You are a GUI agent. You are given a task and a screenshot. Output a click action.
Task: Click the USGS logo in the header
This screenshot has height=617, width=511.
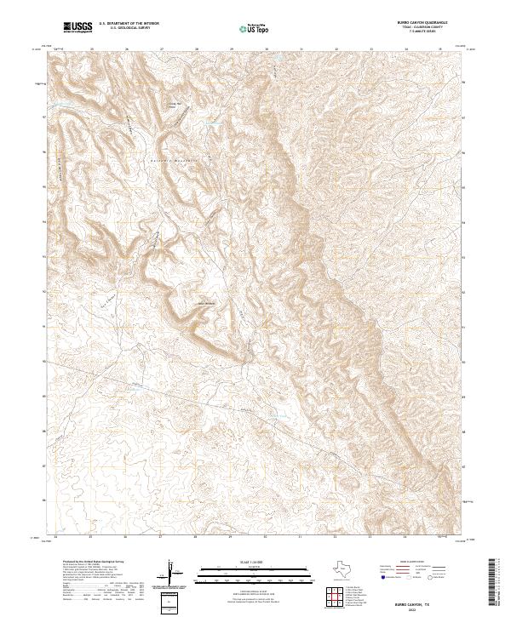[78, 28]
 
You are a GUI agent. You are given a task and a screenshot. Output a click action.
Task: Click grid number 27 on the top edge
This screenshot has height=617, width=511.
[160, 49]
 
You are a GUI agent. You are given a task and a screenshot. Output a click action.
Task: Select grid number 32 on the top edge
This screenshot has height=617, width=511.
[336, 49]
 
